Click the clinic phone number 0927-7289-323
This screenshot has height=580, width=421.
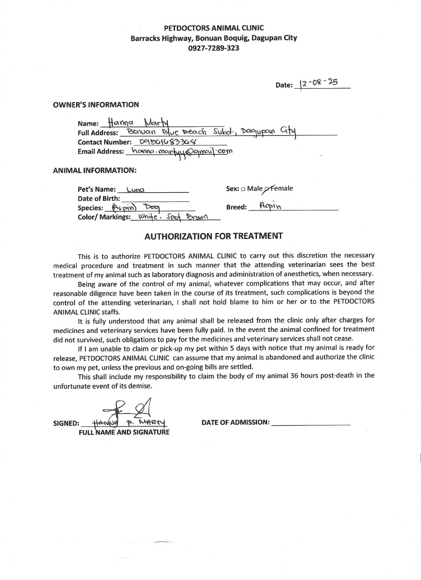[x=213, y=48]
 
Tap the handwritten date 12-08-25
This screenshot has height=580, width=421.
[x=321, y=84]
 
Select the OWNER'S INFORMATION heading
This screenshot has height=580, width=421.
[x=96, y=105]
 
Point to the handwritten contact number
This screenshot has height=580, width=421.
[x=167, y=142]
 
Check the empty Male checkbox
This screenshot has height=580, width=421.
[x=243, y=189]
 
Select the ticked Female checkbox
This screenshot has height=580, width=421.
[x=268, y=189]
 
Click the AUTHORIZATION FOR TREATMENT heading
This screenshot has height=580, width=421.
[x=213, y=236]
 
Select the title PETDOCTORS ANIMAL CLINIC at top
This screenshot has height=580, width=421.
[x=213, y=28]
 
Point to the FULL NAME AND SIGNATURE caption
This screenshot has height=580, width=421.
[x=124, y=432]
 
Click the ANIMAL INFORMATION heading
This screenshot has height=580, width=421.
[x=95, y=171]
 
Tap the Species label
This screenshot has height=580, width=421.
[x=90, y=208]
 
